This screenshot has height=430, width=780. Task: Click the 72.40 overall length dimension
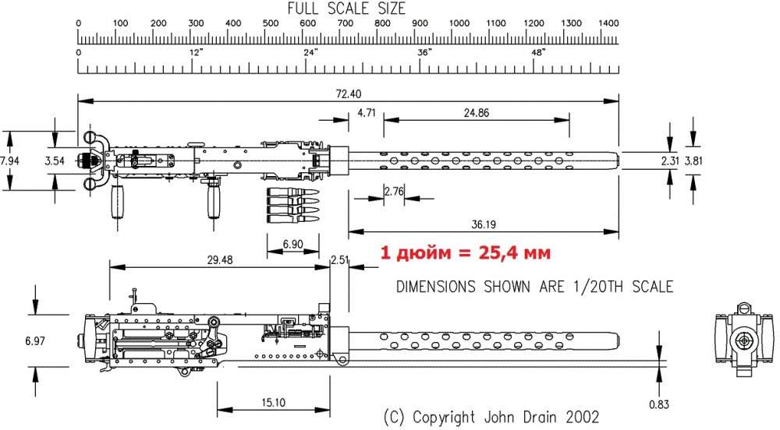pyautogui.click(x=349, y=93)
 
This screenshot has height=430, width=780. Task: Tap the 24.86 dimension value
pyautogui.click(x=476, y=113)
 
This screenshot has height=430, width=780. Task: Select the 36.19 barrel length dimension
pyautogui.click(x=484, y=224)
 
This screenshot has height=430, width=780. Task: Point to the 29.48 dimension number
pyautogui.click(x=220, y=259)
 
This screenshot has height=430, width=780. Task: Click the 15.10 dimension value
pyautogui.click(x=274, y=402)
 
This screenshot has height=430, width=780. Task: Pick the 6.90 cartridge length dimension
pyautogui.click(x=293, y=244)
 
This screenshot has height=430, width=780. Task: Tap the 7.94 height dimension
pyautogui.click(x=9, y=160)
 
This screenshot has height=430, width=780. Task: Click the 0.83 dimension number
pyautogui.click(x=659, y=404)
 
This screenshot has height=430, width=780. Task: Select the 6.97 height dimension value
pyautogui.click(x=35, y=341)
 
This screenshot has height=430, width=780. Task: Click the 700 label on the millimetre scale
pyautogui.click(x=346, y=23)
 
